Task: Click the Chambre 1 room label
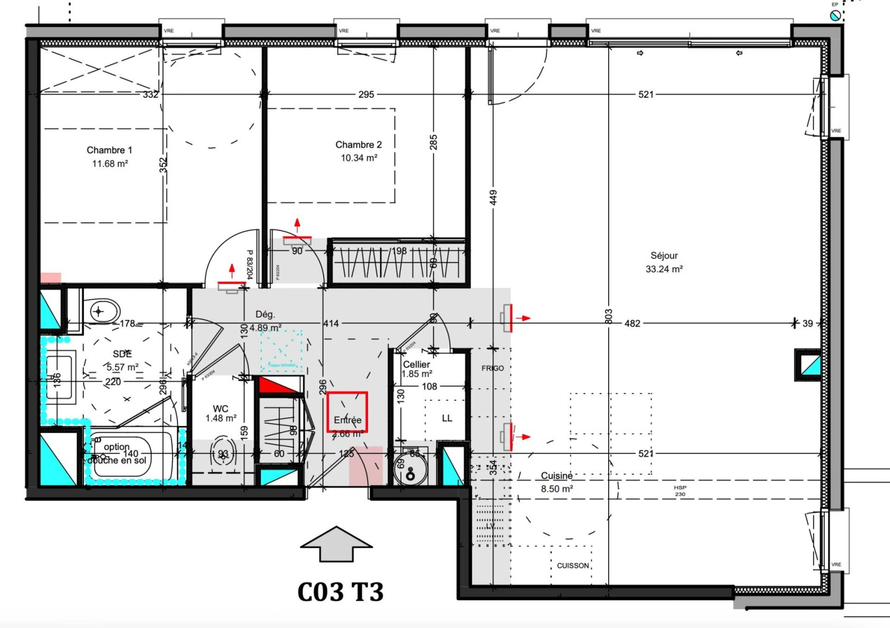[x=109, y=150]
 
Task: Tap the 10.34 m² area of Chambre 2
[x=359, y=158]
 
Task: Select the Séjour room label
[x=664, y=255]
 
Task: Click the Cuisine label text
[x=557, y=475]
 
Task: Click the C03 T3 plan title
[x=340, y=592]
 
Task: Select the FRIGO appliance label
[x=492, y=368]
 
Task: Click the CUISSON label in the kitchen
[x=572, y=565]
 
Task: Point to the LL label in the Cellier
[x=447, y=418]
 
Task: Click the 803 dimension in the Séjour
[x=608, y=316]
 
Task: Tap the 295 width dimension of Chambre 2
[x=366, y=94]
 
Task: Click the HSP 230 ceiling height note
[x=680, y=491]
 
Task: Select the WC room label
[x=220, y=408]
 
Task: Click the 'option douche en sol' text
[x=117, y=453]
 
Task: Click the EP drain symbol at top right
[x=835, y=15]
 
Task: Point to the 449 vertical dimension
[x=493, y=198]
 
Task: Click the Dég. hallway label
[x=265, y=315]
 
